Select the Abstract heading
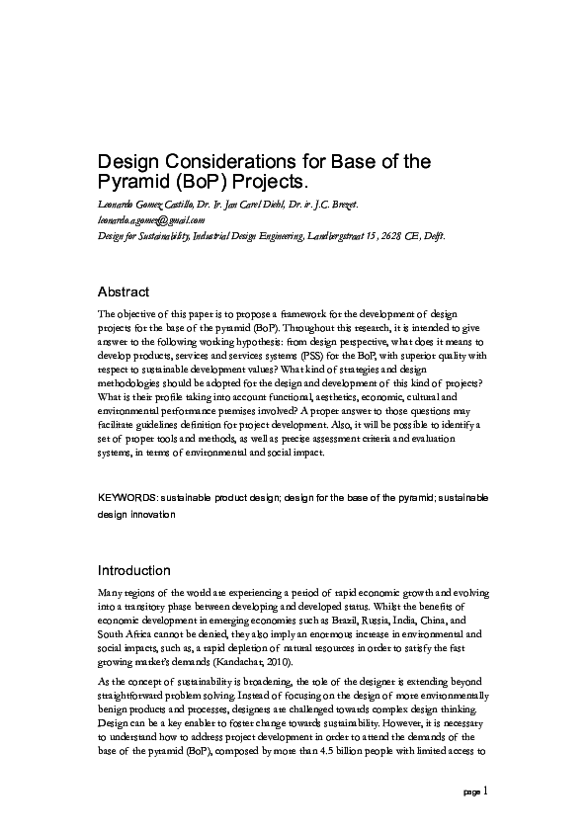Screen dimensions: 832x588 pyautogui.click(x=123, y=291)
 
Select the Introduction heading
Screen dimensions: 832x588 pyautogui.click(x=133, y=570)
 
